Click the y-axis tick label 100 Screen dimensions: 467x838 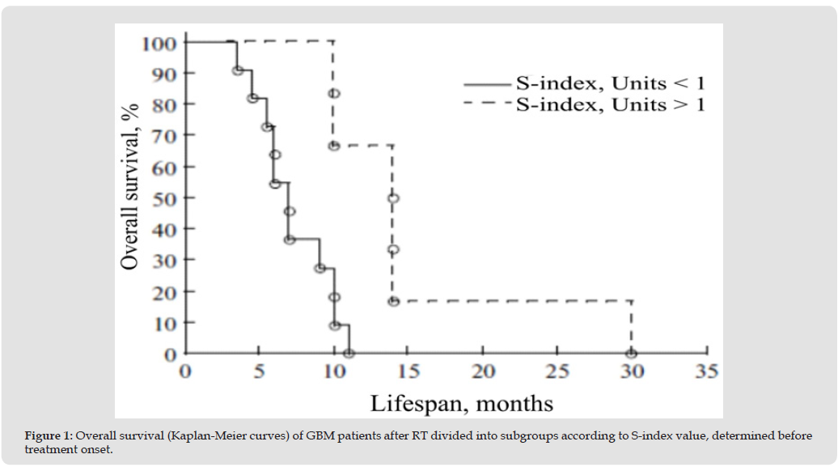pyautogui.click(x=159, y=42)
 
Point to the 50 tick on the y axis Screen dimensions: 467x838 pyautogui.click(x=164, y=197)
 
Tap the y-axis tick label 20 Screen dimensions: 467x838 pyautogui.click(x=164, y=291)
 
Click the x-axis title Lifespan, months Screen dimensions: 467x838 pyautogui.click(x=462, y=402)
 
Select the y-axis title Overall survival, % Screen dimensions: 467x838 pyautogui.click(x=129, y=185)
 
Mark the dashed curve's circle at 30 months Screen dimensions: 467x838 pyautogui.click(x=631, y=354)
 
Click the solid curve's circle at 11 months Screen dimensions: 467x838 pyautogui.click(x=349, y=354)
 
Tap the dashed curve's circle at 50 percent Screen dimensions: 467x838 pyautogui.click(x=393, y=197)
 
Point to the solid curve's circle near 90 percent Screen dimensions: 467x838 pyautogui.click(x=238, y=70)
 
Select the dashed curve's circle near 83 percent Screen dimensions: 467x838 pyautogui.click(x=333, y=94)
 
